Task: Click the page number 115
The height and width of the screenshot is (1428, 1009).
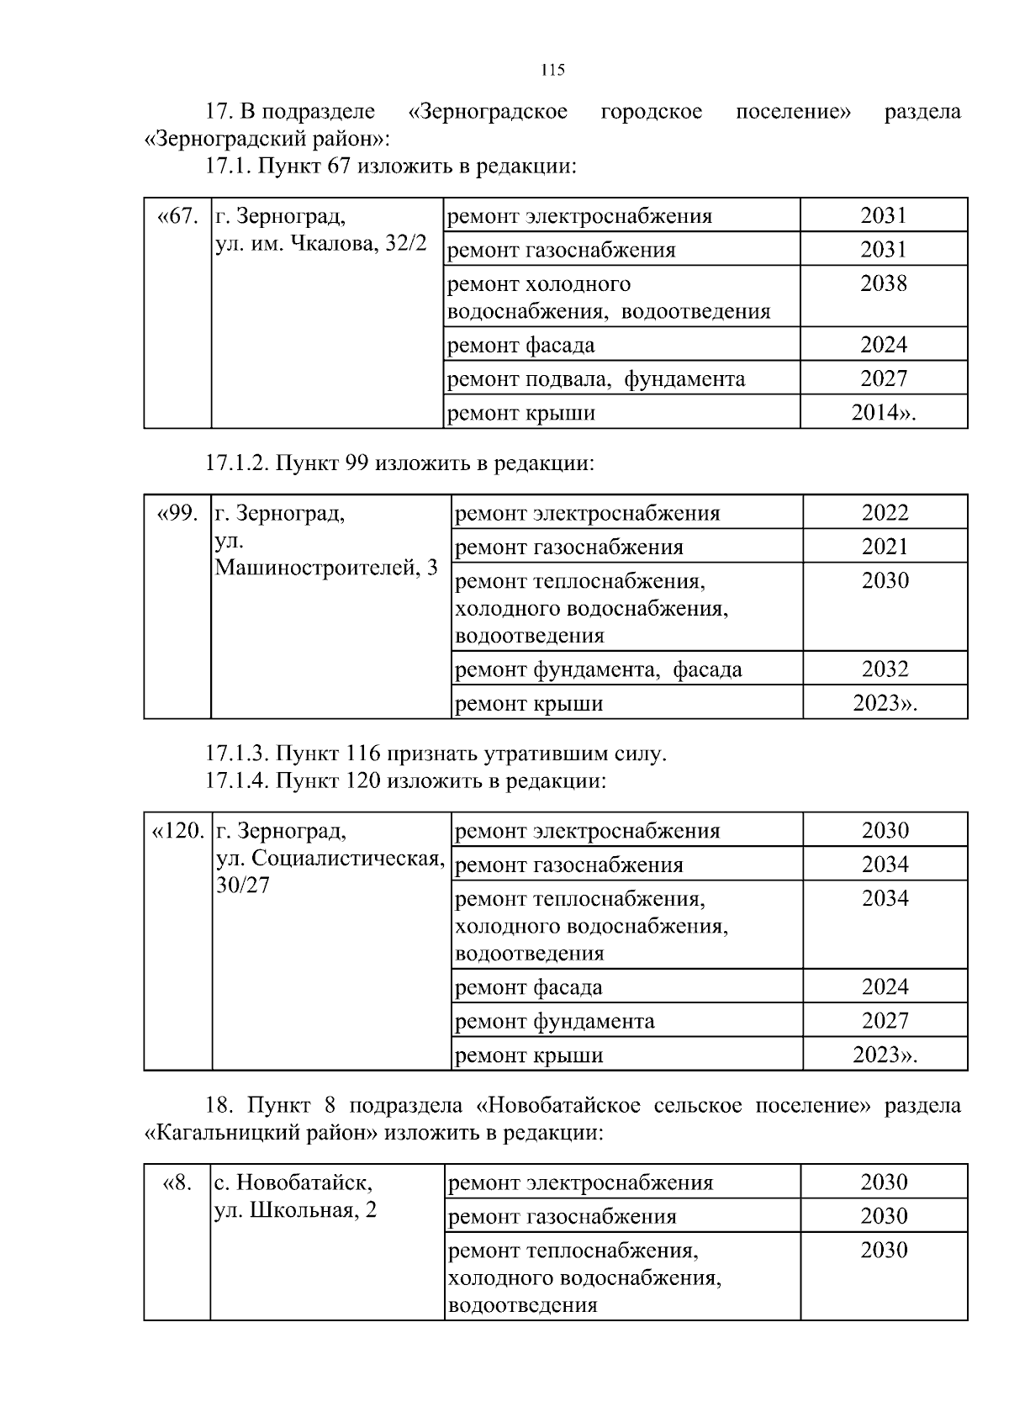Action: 552,70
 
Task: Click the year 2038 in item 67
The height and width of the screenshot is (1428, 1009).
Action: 883,283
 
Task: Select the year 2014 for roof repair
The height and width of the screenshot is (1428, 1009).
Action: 883,413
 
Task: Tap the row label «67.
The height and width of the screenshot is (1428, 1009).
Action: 177,216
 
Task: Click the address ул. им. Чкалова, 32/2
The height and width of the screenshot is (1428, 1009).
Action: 321,244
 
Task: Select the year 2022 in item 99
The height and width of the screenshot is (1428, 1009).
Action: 885,513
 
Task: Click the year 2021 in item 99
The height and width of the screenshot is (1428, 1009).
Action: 885,547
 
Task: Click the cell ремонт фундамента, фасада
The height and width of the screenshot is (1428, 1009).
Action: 598,669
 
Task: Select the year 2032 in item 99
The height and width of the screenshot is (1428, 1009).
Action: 885,669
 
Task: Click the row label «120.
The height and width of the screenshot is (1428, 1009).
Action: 177,832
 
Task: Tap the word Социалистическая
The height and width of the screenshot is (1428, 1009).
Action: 348,859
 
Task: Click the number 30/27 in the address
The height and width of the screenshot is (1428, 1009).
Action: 243,886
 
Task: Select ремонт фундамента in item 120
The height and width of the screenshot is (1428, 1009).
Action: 554,1022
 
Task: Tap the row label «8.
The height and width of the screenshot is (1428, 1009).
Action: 177,1183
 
